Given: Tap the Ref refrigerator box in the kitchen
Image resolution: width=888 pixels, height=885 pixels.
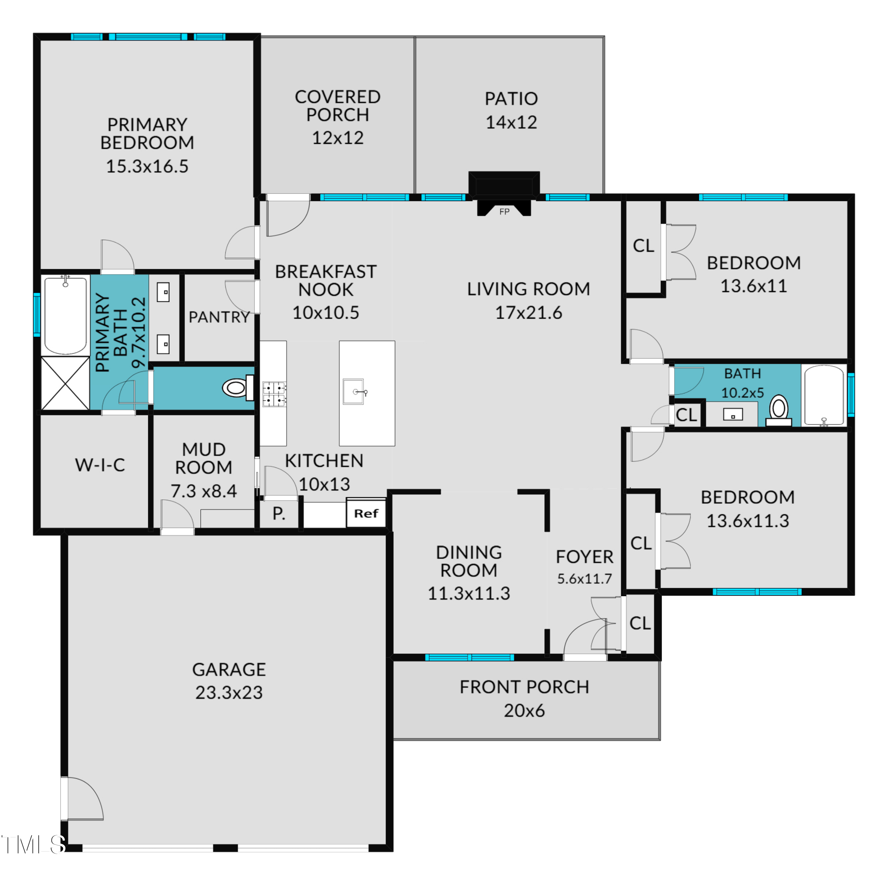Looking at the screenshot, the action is (x=366, y=513).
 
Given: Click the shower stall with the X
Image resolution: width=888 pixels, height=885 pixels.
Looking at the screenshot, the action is (x=65, y=383).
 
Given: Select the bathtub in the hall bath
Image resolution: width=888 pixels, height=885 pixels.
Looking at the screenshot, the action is (x=824, y=396).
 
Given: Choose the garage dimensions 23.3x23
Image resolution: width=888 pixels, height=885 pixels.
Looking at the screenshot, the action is (x=229, y=692).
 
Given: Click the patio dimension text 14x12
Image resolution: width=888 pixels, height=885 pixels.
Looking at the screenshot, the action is (x=511, y=122).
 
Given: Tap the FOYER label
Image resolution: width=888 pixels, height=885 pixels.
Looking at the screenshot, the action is (x=584, y=557).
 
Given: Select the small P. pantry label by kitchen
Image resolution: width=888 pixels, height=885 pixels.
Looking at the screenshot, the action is (x=279, y=513).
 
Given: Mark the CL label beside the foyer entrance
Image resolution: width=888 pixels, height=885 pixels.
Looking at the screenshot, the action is (x=640, y=623).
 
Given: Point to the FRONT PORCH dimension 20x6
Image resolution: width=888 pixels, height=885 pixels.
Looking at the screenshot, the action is (x=524, y=711).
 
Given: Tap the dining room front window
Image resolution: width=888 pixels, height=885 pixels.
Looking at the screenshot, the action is (x=469, y=657).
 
